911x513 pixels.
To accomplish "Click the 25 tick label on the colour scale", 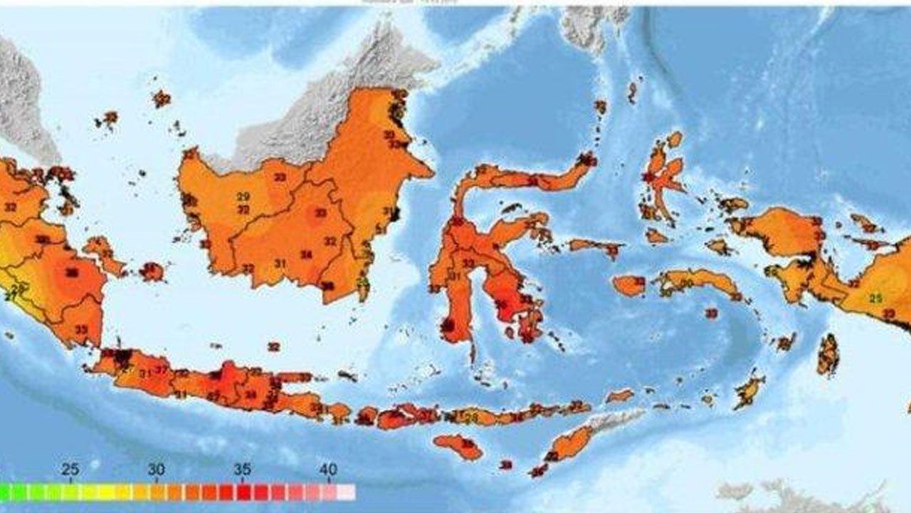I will point(70,470).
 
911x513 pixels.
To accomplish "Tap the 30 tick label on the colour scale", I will point(157,470).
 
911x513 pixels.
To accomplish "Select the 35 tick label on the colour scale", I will point(243,470).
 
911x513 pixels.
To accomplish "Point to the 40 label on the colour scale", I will point(328,470).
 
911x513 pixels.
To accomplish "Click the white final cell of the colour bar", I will point(346,492).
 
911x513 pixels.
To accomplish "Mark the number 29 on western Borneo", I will point(243,197).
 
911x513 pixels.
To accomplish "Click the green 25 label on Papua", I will point(876,298).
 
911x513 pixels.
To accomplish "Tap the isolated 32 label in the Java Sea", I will point(273,346).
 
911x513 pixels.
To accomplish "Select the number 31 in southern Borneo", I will point(280,264).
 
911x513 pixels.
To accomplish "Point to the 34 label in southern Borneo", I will point(306,254).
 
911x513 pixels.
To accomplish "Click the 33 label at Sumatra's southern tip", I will point(81,329).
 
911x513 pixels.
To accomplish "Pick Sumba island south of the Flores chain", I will point(458,447).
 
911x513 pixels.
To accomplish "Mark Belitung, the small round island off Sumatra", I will point(152,271).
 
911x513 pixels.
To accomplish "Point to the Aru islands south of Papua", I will point(828,355).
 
